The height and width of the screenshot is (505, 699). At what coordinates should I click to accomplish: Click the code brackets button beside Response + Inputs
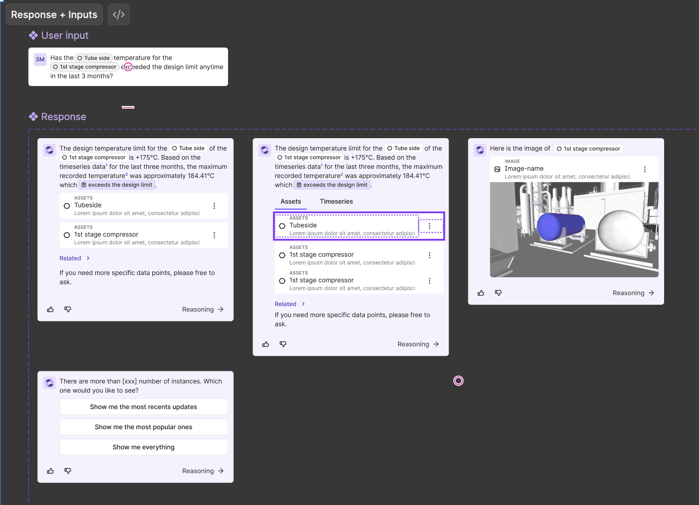118,15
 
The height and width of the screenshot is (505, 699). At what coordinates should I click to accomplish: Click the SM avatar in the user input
40,60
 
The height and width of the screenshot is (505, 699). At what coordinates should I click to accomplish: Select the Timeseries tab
336,202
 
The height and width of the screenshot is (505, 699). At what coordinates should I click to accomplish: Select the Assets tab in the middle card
291,202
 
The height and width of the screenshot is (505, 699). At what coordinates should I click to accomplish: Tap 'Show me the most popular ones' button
144,427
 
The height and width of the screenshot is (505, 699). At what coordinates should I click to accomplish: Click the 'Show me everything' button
144,447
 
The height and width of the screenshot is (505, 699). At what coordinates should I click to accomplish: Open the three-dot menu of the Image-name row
645,170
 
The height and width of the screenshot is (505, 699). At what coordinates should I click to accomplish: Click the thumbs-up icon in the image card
481,293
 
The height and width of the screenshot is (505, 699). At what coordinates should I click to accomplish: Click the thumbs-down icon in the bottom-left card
68,471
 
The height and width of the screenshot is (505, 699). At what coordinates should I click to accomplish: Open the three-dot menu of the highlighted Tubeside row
429,226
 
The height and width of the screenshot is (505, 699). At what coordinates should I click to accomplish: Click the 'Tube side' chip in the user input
94,58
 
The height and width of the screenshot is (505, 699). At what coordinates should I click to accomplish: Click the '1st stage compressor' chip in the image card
588,149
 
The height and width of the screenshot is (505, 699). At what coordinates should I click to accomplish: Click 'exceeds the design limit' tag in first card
117,185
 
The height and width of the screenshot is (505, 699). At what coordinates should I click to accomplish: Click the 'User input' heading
65,36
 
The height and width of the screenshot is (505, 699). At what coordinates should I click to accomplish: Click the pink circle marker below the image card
458,381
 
